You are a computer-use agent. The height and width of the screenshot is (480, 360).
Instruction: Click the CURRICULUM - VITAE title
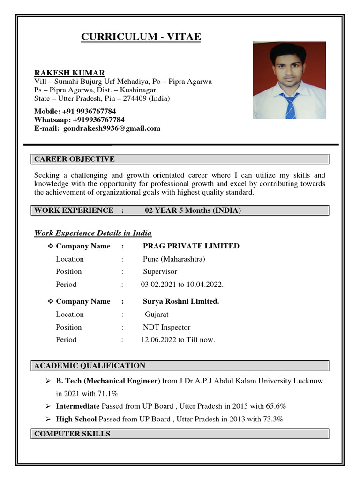(141, 37)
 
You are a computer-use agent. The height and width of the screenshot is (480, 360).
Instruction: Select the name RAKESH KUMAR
(69, 73)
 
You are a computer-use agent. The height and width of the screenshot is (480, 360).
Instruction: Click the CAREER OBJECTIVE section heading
(75, 159)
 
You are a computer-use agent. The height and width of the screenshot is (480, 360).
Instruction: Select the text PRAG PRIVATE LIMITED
(191, 246)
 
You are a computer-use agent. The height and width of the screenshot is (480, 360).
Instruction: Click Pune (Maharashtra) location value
(174, 259)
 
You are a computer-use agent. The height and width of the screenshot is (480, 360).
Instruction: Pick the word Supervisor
(160, 271)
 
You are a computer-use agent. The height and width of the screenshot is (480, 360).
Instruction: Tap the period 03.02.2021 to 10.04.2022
(182, 285)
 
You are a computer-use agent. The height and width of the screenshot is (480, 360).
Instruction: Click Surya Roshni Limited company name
(181, 301)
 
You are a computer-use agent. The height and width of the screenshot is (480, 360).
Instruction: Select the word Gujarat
(157, 314)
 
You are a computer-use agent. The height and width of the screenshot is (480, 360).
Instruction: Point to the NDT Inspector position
(166, 327)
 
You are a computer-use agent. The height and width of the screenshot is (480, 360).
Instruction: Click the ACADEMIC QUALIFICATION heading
(90, 366)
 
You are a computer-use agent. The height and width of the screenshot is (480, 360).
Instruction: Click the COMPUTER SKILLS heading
(72, 434)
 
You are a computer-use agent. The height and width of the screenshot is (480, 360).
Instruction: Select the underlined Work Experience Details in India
(93, 233)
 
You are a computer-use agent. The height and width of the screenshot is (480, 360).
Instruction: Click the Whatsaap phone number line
(79, 120)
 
